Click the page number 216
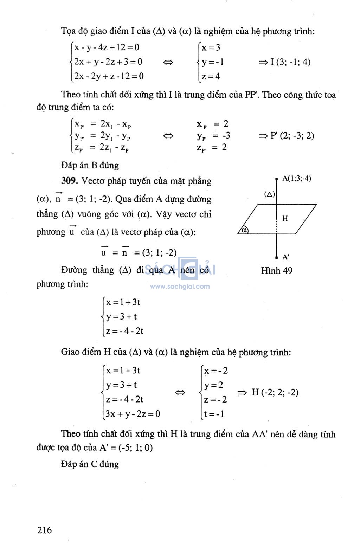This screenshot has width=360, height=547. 44,530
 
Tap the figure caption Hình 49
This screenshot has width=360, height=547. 277,270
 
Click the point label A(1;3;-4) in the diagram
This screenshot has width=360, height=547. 297,179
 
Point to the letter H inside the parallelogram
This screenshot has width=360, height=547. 285,219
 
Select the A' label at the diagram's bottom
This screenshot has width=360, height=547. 286,257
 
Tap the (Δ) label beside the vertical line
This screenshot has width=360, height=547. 270,194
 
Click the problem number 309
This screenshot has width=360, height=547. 69,181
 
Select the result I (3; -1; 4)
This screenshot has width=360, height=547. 290,62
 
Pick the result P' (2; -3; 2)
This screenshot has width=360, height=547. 292,135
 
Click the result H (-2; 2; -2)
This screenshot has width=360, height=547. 275,392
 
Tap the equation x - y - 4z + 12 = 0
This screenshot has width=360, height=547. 107,47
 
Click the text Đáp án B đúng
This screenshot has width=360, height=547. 90,165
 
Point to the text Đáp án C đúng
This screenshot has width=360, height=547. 90,464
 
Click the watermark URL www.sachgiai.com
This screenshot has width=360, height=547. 180,286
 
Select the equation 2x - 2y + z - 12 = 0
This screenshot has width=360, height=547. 109,76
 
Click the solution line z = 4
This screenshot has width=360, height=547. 211,76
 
